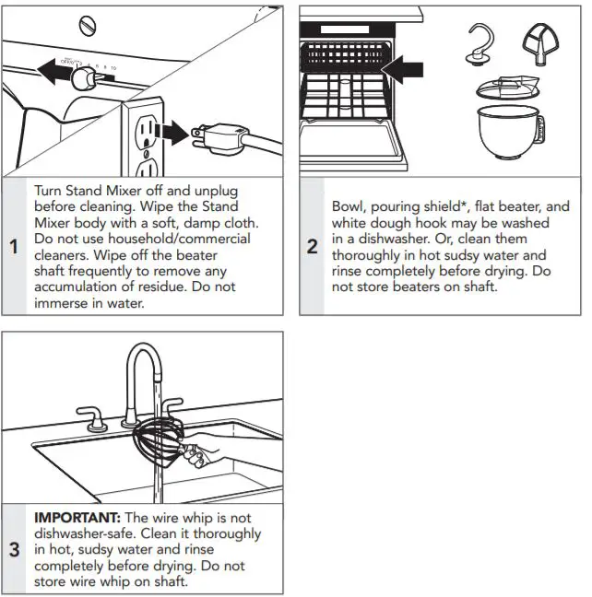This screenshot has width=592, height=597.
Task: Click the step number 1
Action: click(x=13, y=247)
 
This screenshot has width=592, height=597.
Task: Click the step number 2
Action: click(x=312, y=247)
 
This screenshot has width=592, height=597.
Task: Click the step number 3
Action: click(x=13, y=550)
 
